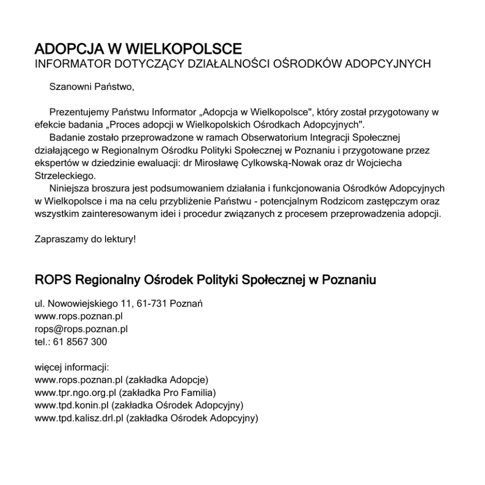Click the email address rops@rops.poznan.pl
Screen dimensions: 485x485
point(81,329)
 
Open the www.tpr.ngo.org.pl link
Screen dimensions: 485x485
point(76,393)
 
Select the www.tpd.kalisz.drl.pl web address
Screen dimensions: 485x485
point(79,418)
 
